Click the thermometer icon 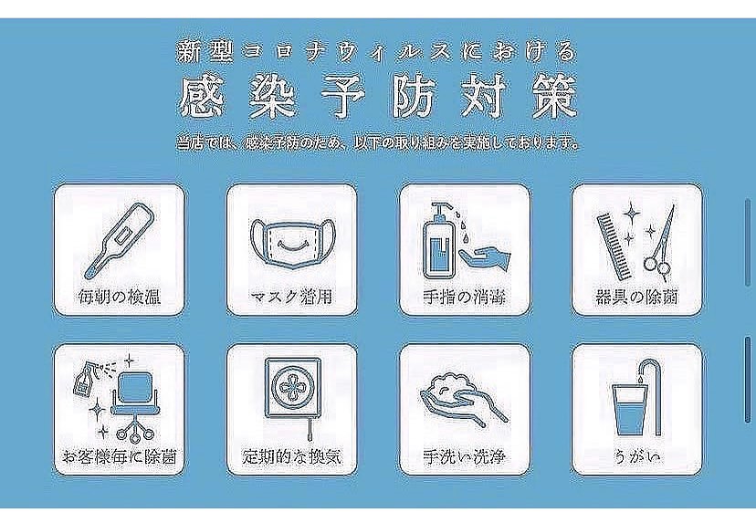click(x=118, y=239)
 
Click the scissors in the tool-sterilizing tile click(x=662, y=242)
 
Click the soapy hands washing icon click(x=462, y=396)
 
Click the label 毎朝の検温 click(x=120, y=297)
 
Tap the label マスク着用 click(x=290, y=297)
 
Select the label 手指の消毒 click(x=464, y=297)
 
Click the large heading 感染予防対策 click(x=379, y=98)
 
